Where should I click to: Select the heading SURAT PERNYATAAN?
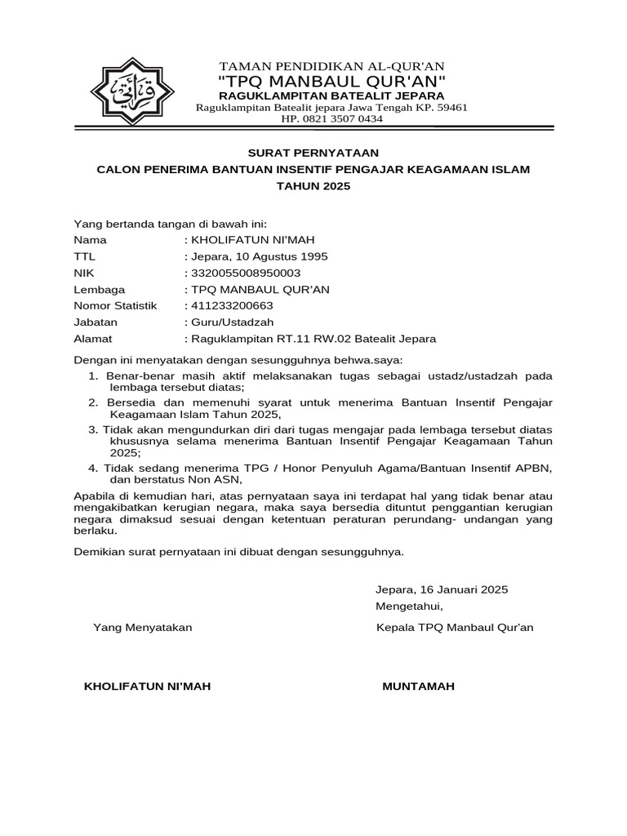click(313, 153)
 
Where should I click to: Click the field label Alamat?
click(93, 338)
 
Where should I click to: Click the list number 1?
click(92, 376)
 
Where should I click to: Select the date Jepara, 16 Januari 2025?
click(441, 589)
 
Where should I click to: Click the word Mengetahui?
click(408, 606)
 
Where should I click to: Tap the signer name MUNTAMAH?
click(418, 687)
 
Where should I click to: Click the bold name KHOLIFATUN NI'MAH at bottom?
click(147, 687)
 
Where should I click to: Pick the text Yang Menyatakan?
click(143, 628)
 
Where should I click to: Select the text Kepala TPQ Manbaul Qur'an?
click(454, 628)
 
